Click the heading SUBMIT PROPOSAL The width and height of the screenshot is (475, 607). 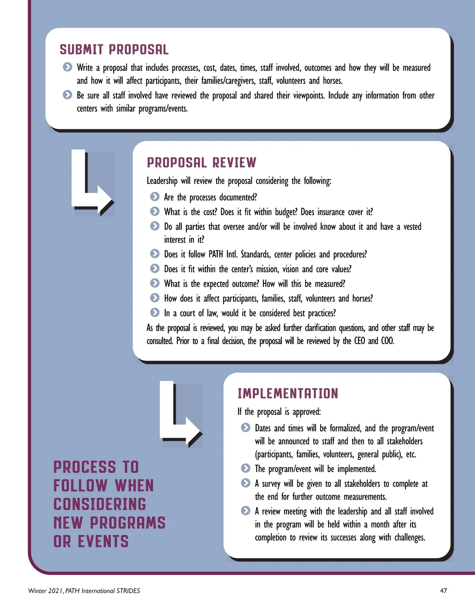tap(114, 49)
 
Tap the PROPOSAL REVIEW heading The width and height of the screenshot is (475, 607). tap(201, 163)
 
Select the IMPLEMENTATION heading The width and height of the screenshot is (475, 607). tap(288, 393)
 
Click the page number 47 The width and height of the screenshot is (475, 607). tap(443, 591)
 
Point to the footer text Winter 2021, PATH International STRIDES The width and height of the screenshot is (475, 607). tap(84, 591)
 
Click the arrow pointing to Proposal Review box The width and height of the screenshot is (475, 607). tap(92, 183)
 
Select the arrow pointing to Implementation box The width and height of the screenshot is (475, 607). tap(180, 414)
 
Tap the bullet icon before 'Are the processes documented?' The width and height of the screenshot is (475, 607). tap(155, 197)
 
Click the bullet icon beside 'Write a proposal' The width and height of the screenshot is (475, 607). tap(68, 67)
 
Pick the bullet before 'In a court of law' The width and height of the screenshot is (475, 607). tap(155, 313)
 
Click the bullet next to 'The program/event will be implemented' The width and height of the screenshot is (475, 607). tap(246, 469)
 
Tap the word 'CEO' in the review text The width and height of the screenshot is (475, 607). tap(359, 341)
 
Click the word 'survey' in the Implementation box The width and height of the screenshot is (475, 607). tap(271, 484)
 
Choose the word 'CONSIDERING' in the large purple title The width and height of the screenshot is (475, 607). tap(100, 504)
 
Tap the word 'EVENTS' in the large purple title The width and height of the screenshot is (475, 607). tap(103, 541)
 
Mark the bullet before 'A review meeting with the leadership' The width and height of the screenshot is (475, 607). tap(246, 511)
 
